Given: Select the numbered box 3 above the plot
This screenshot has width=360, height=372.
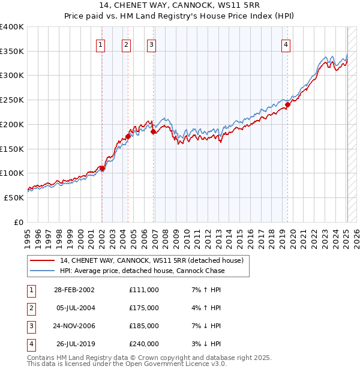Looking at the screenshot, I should click(151, 44).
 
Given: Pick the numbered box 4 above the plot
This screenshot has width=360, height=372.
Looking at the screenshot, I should click(286, 44).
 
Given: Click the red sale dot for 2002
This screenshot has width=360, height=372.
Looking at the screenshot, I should click(102, 169).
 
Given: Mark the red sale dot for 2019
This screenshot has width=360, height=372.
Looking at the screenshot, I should click(287, 104).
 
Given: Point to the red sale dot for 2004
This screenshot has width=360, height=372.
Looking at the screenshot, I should click(128, 136).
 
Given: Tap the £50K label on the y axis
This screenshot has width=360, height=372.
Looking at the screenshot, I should click(14, 197).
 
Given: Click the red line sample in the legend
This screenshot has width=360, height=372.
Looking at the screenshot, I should click(42, 261).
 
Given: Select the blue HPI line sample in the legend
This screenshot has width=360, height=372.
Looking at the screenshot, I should click(42, 271).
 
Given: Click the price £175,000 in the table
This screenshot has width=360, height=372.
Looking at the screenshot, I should click(144, 308).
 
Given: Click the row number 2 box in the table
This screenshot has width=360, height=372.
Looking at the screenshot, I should click(31, 308).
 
